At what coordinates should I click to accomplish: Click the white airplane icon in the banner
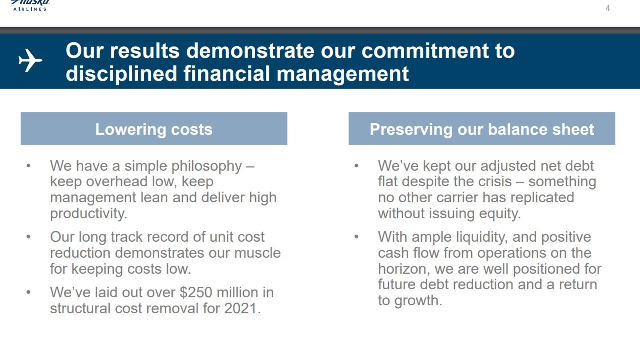pyautogui.click(x=30, y=60)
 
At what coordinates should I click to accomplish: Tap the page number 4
pyautogui.click(x=607, y=8)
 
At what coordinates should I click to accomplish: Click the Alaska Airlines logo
pyautogui.click(x=30, y=5)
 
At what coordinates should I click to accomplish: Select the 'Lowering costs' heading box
pyautogui.click(x=154, y=129)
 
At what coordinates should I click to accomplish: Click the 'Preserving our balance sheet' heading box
pyautogui.click(x=482, y=129)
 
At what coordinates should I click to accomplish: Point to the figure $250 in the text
pyautogui.click(x=196, y=292)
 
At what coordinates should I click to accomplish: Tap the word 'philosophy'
pyautogui.click(x=207, y=167)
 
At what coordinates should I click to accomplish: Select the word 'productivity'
pyautogui.click(x=89, y=214)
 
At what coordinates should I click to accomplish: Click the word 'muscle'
pyautogui.click(x=257, y=253)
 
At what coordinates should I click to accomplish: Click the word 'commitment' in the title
pyautogui.click(x=425, y=51)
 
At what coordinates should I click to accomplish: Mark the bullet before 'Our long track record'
pyautogui.click(x=28, y=237)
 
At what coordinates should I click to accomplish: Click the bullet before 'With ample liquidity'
pyautogui.click(x=356, y=237)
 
